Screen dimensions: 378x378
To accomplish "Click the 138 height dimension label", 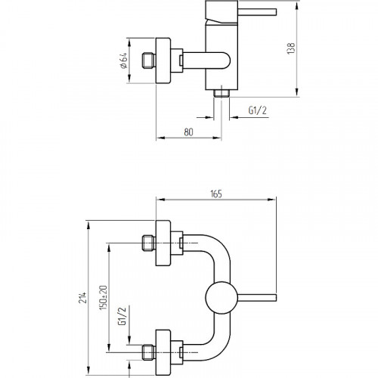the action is tap(291, 48).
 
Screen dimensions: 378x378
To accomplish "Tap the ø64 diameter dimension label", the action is tap(124, 60).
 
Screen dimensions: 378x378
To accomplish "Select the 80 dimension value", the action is tap(188, 132).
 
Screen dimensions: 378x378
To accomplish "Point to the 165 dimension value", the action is tap(216, 194).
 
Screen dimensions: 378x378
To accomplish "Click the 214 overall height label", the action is tap(83, 297).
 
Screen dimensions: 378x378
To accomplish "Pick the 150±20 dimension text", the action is tap(103, 297).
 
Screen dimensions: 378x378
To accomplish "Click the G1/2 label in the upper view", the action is tap(257, 110).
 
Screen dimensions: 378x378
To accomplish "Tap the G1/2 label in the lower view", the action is tap(122, 316).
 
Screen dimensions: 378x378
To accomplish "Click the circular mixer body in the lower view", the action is tap(222, 298).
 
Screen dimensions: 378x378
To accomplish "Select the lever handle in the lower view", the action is tap(257, 298).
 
